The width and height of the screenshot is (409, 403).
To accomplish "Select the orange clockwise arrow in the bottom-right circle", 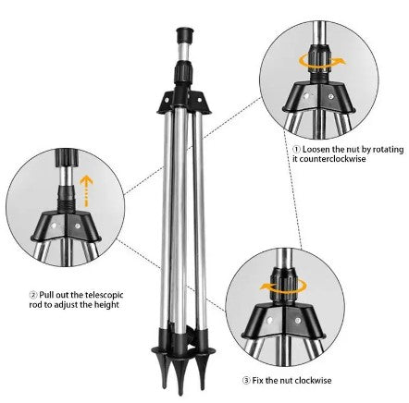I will (278, 287).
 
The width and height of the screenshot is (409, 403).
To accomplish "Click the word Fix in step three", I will (260, 379).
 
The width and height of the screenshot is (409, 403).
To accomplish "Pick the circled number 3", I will (247, 379).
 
